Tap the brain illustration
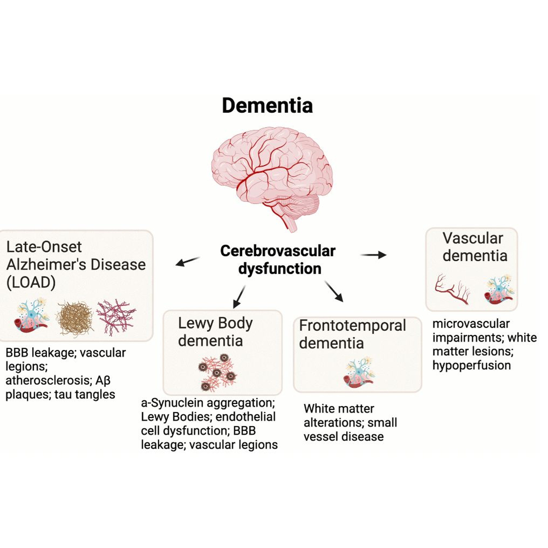(272, 176)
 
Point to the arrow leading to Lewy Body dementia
(239, 296)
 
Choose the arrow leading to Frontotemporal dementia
(334, 291)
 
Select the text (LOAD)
(31, 282)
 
